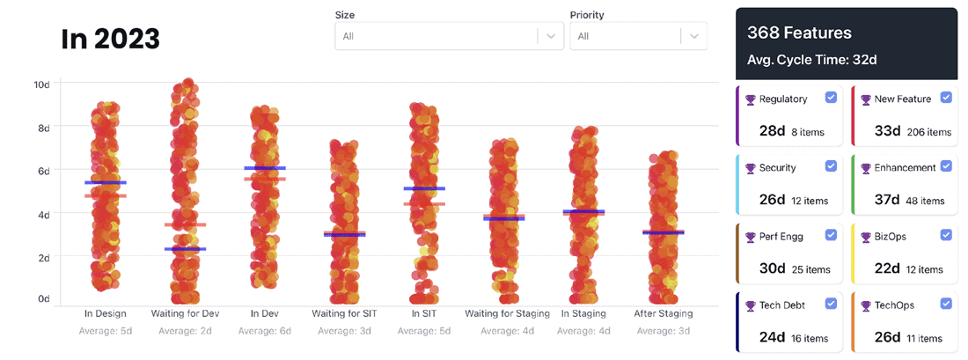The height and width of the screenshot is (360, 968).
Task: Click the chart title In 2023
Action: (x=110, y=39)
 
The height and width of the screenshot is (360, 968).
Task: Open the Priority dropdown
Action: (x=638, y=36)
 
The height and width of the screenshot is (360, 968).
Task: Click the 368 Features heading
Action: (x=799, y=33)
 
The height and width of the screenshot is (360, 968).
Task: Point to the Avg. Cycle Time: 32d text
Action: (x=811, y=60)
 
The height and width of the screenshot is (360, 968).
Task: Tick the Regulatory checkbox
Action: (x=831, y=98)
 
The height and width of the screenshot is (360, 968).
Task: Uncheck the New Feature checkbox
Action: (x=946, y=98)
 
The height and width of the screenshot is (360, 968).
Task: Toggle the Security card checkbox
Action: (x=831, y=165)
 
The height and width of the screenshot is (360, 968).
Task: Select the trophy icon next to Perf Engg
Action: (x=751, y=237)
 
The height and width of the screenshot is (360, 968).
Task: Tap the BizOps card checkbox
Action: (x=946, y=235)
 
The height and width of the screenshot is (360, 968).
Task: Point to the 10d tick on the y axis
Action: (x=41, y=84)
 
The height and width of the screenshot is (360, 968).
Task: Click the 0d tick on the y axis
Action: (x=43, y=299)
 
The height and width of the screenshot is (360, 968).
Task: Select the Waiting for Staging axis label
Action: (x=507, y=313)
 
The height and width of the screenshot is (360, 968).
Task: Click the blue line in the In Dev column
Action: (x=265, y=168)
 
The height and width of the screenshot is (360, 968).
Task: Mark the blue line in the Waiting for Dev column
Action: (x=185, y=249)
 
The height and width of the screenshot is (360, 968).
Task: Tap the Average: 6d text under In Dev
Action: (x=265, y=331)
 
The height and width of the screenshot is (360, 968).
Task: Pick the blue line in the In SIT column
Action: (x=425, y=188)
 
